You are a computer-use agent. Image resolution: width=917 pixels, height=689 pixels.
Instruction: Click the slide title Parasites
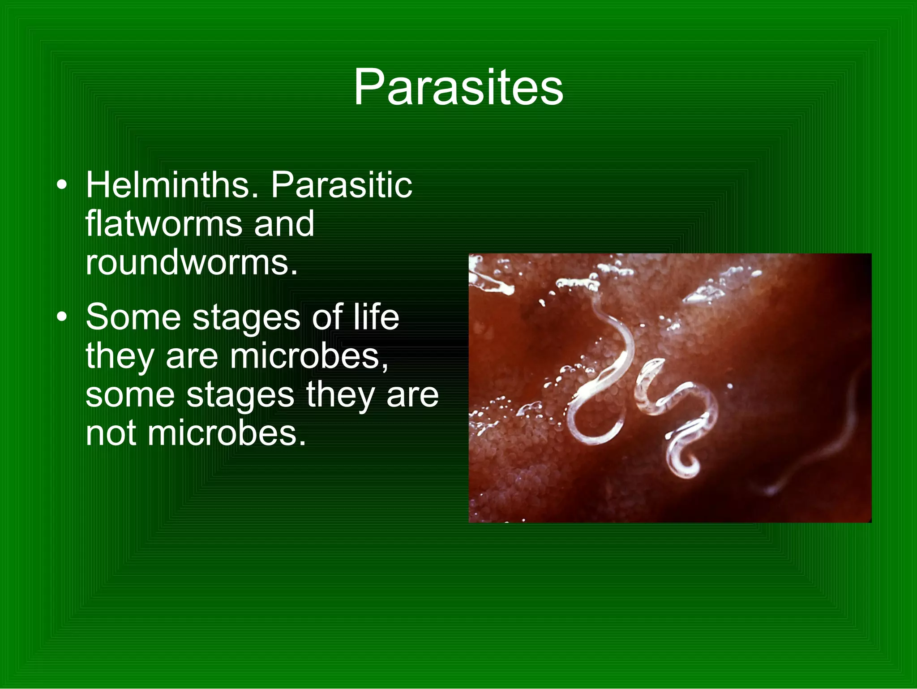(x=458, y=87)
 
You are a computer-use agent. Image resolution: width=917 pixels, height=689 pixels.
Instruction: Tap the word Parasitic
(x=341, y=185)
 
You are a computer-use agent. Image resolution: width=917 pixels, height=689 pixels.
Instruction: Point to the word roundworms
(x=191, y=263)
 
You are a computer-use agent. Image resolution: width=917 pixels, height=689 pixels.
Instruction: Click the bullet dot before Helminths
(x=62, y=185)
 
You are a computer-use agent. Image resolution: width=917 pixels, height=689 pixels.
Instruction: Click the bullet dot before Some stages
(x=62, y=317)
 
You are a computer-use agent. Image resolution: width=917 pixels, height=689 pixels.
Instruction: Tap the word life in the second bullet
(x=376, y=317)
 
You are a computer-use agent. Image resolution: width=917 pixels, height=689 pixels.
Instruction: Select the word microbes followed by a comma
(x=309, y=356)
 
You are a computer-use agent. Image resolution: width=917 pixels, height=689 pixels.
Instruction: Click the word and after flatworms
(x=284, y=224)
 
